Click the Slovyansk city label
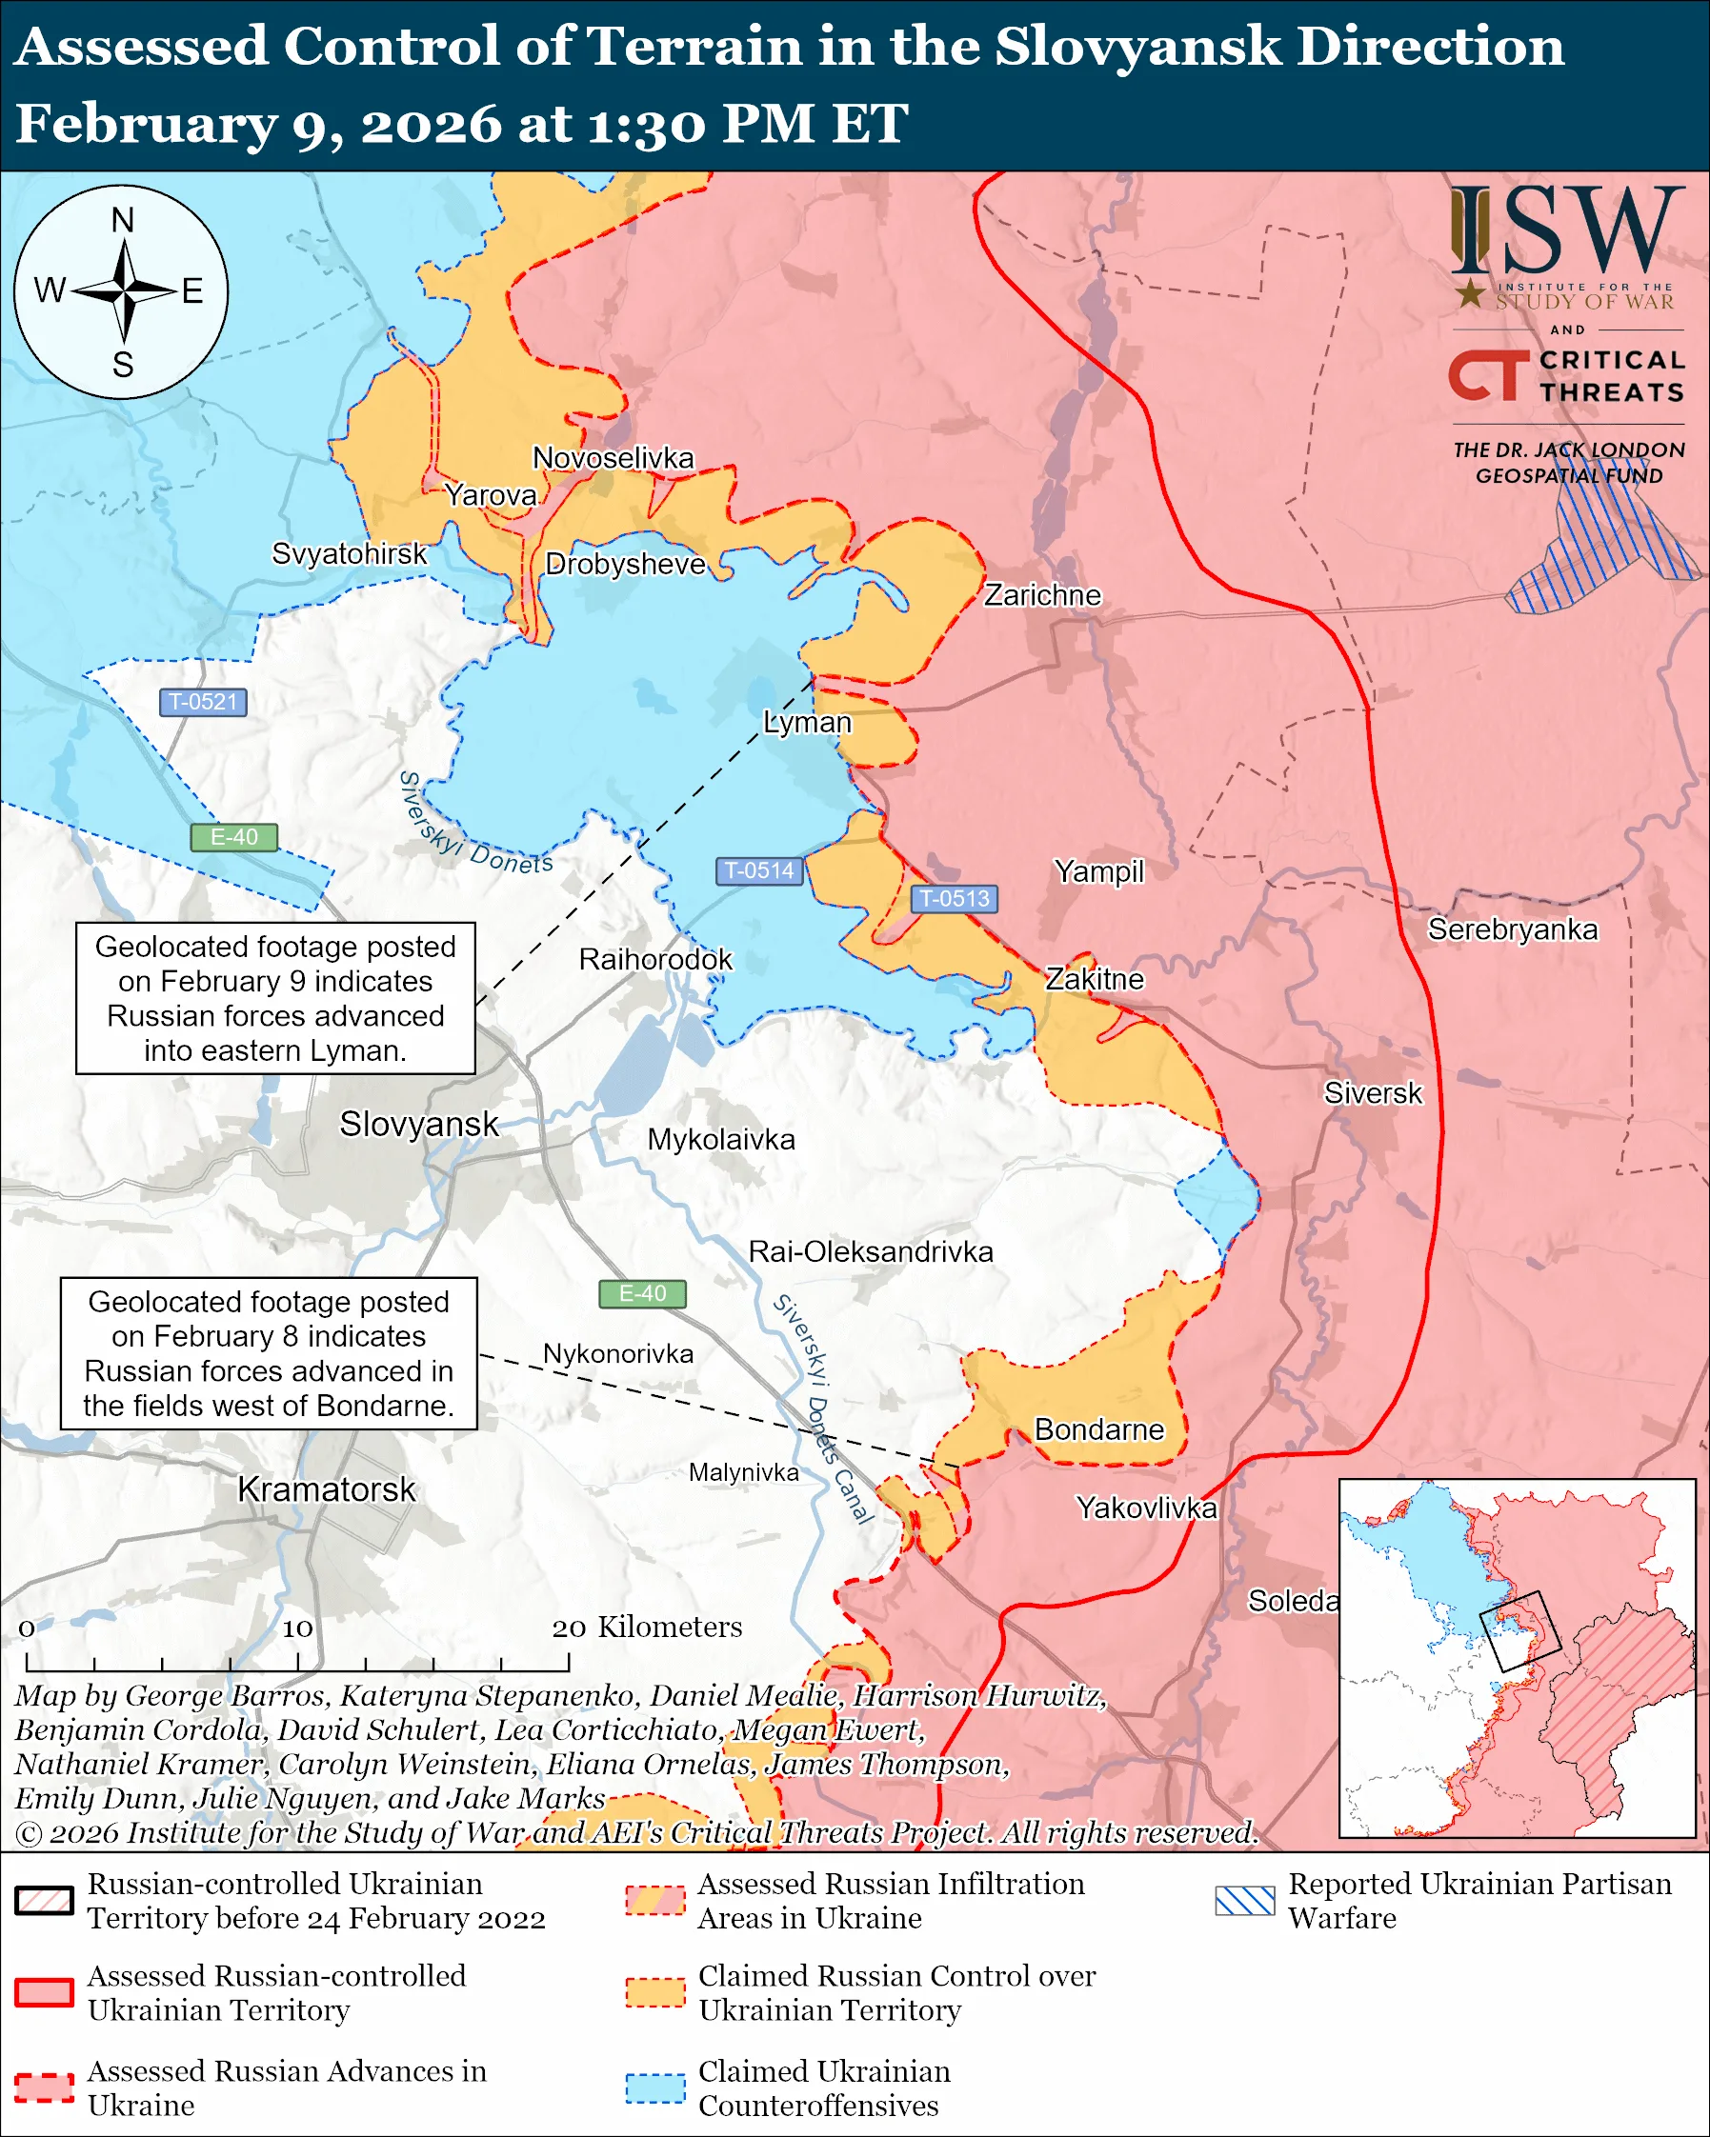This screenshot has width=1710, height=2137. [418, 1124]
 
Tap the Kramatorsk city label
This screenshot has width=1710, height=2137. [326, 1489]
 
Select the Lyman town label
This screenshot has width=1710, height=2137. [807, 723]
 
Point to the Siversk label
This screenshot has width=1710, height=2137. [1372, 1093]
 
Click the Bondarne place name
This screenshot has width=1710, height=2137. [1098, 1429]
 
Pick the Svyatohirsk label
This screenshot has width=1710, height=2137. [349, 553]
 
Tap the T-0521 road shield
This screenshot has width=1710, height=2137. [203, 702]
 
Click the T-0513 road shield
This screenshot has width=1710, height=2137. [954, 898]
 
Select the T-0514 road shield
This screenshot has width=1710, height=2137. [759, 870]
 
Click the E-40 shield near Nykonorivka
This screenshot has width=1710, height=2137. [642, 1293]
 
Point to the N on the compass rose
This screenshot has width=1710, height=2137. [122, 220]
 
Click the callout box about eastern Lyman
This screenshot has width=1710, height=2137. [275, 998]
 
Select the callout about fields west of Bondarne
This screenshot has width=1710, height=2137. [269, 1353]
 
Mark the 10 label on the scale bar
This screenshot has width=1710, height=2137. [297, 1628]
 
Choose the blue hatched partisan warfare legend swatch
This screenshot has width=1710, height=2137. [1244, 1900]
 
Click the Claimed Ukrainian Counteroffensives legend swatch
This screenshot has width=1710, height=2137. [655, 2087]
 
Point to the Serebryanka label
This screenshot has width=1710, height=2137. [1512, 929]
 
